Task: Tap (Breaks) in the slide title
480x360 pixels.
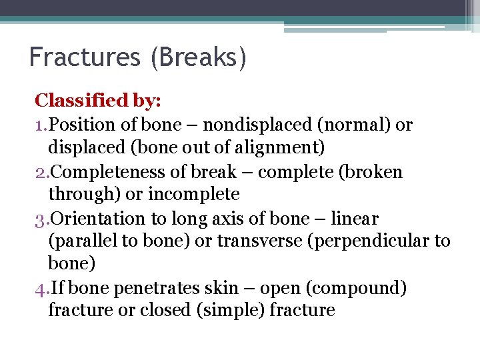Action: [x=199, y=58]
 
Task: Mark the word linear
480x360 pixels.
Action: [x=355, y=219]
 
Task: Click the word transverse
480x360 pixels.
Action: [x=249, y=241]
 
